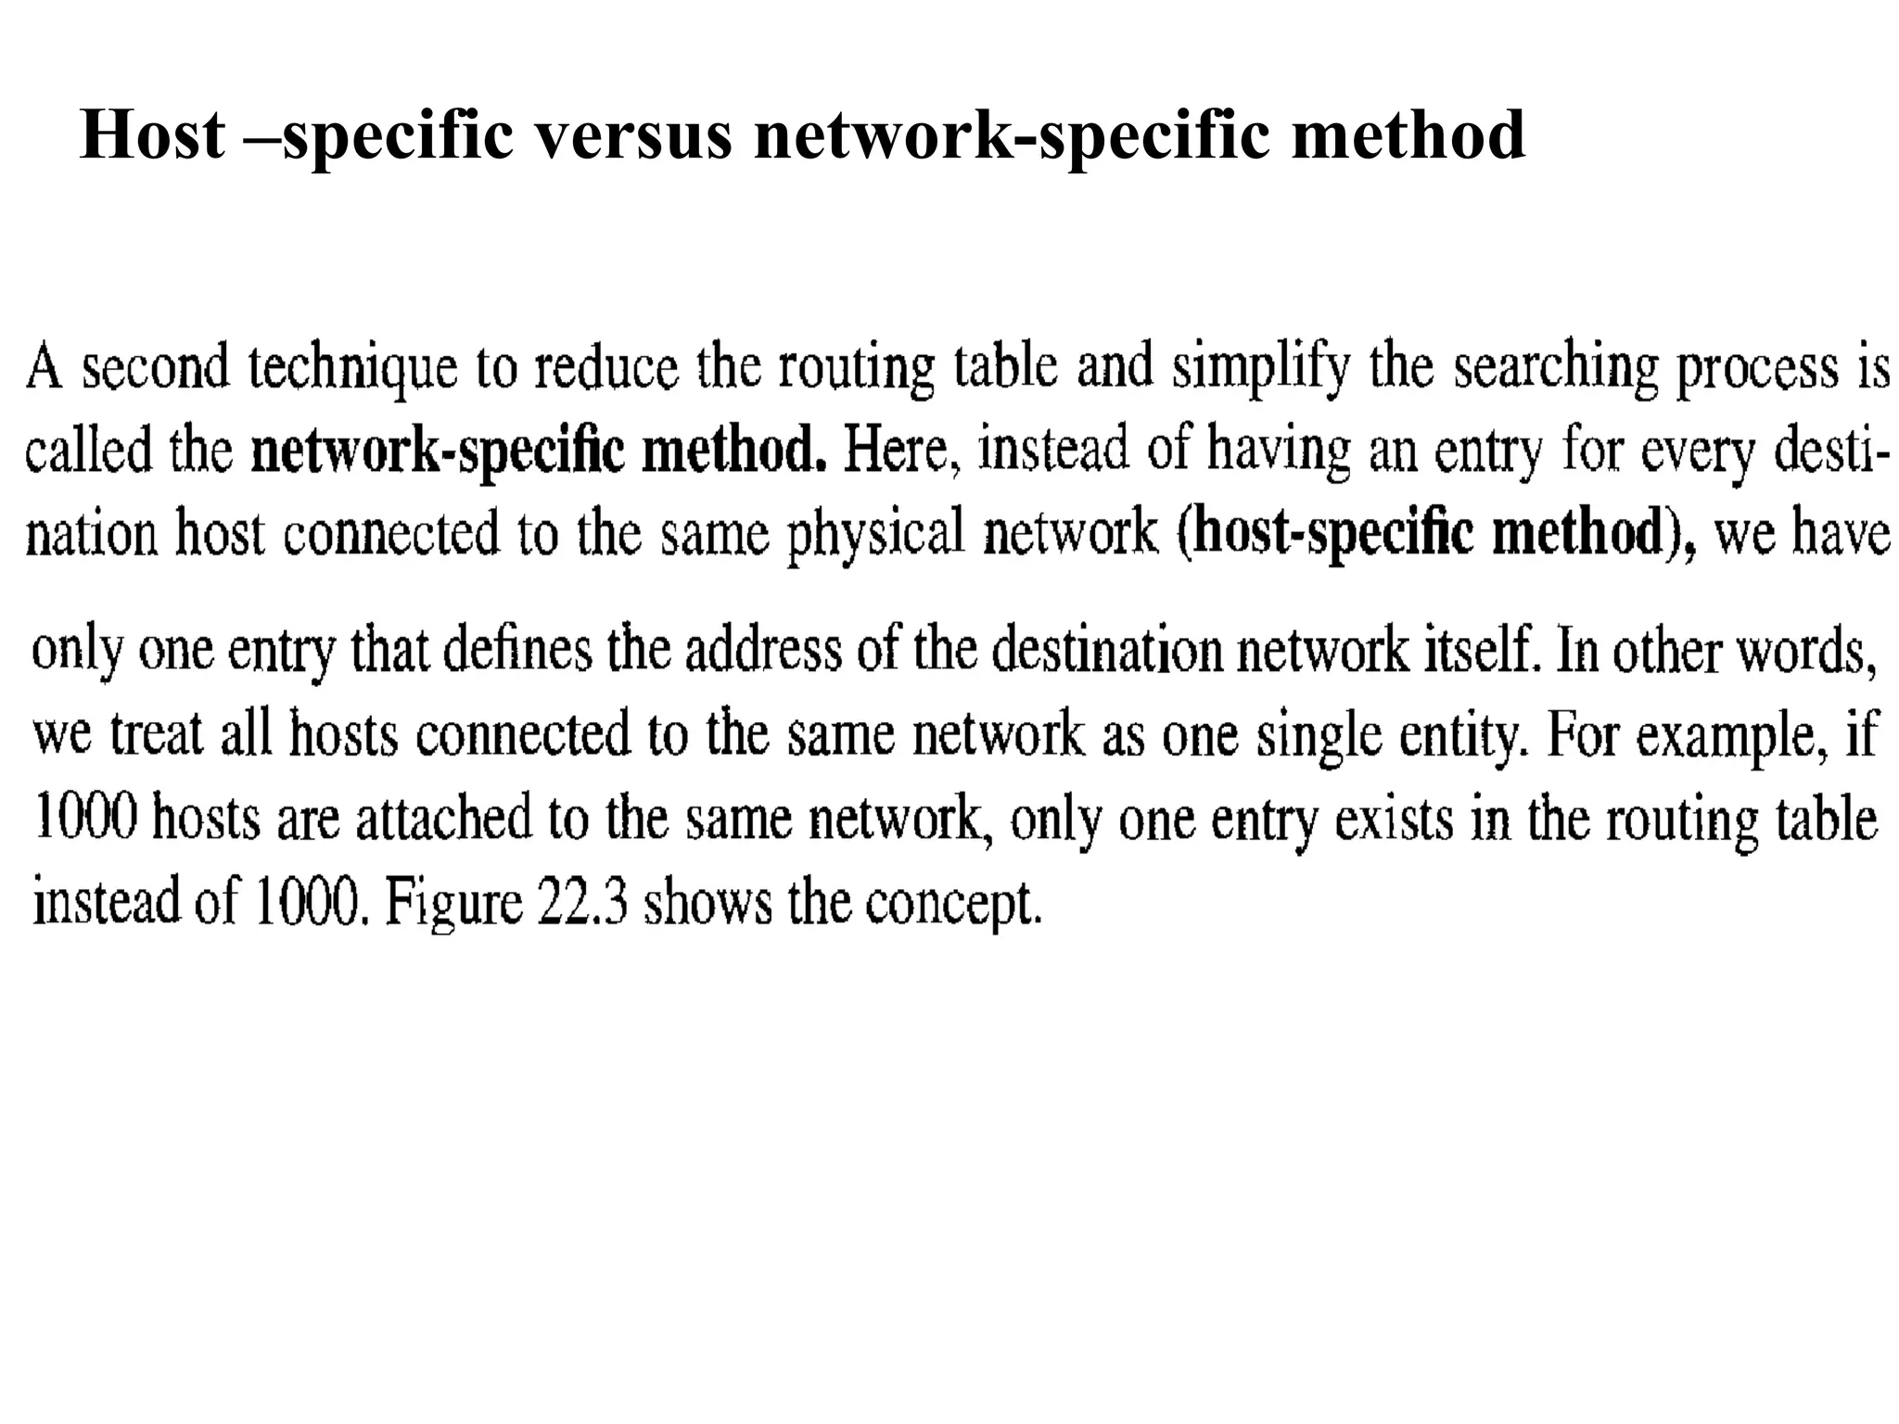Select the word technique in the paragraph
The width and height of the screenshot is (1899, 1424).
[352, 369]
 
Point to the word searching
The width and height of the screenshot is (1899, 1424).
[1555, 369]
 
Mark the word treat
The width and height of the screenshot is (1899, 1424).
[156, 734]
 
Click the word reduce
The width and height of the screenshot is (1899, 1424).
[606, 369]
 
